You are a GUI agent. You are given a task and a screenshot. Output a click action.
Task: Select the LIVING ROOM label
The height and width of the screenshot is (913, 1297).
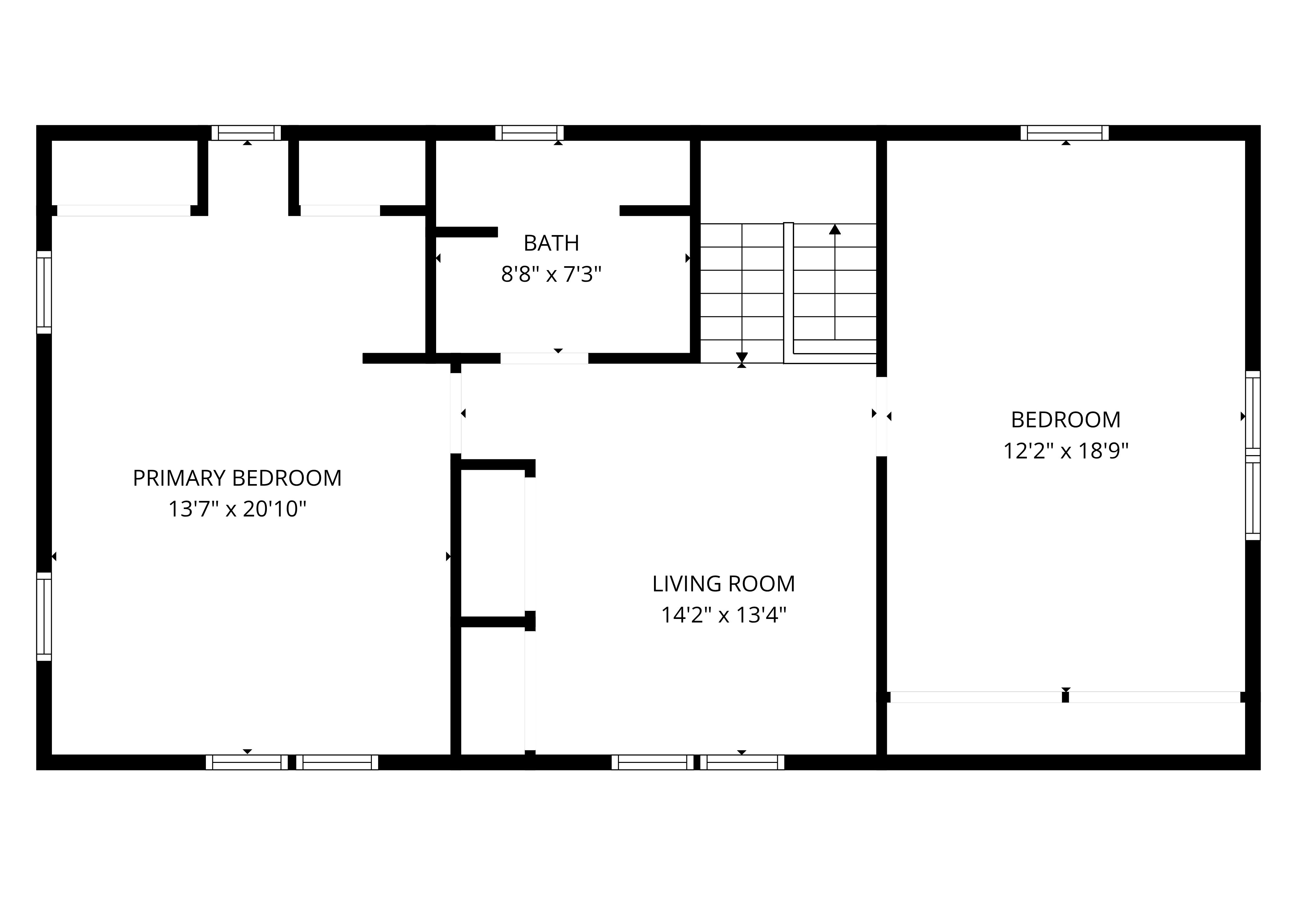(724, 584)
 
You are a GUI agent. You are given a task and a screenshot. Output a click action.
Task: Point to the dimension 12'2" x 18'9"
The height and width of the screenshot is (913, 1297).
(1065, 451)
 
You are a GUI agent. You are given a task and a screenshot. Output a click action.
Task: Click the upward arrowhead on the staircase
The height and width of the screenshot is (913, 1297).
(835, 229)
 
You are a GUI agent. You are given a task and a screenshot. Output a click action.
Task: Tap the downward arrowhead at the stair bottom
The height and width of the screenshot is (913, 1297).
(742, 357)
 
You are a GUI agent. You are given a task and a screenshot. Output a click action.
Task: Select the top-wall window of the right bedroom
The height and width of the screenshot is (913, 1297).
(1065, 133)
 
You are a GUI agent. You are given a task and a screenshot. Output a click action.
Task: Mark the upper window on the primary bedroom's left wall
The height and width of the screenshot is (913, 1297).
(44, 292)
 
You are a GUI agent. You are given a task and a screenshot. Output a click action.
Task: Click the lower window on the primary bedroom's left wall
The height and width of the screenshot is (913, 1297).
(44, 616)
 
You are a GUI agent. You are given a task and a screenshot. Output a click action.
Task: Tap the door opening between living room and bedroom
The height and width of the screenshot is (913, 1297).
(881, 416)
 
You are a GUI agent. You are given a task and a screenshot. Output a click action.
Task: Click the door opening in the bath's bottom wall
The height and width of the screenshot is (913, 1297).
(544, 358)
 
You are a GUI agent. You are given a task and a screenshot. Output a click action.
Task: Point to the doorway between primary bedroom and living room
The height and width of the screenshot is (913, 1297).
(456, 413)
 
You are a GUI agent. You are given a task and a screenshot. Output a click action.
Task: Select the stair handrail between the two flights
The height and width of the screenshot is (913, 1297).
(789, 293)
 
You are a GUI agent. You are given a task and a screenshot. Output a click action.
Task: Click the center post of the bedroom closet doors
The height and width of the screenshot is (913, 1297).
(1065, 697)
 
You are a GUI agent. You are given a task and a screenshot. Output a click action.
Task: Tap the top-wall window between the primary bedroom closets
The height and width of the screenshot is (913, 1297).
(246, 133)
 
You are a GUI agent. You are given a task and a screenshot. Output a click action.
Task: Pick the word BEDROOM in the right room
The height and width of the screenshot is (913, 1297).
(1065, 420)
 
